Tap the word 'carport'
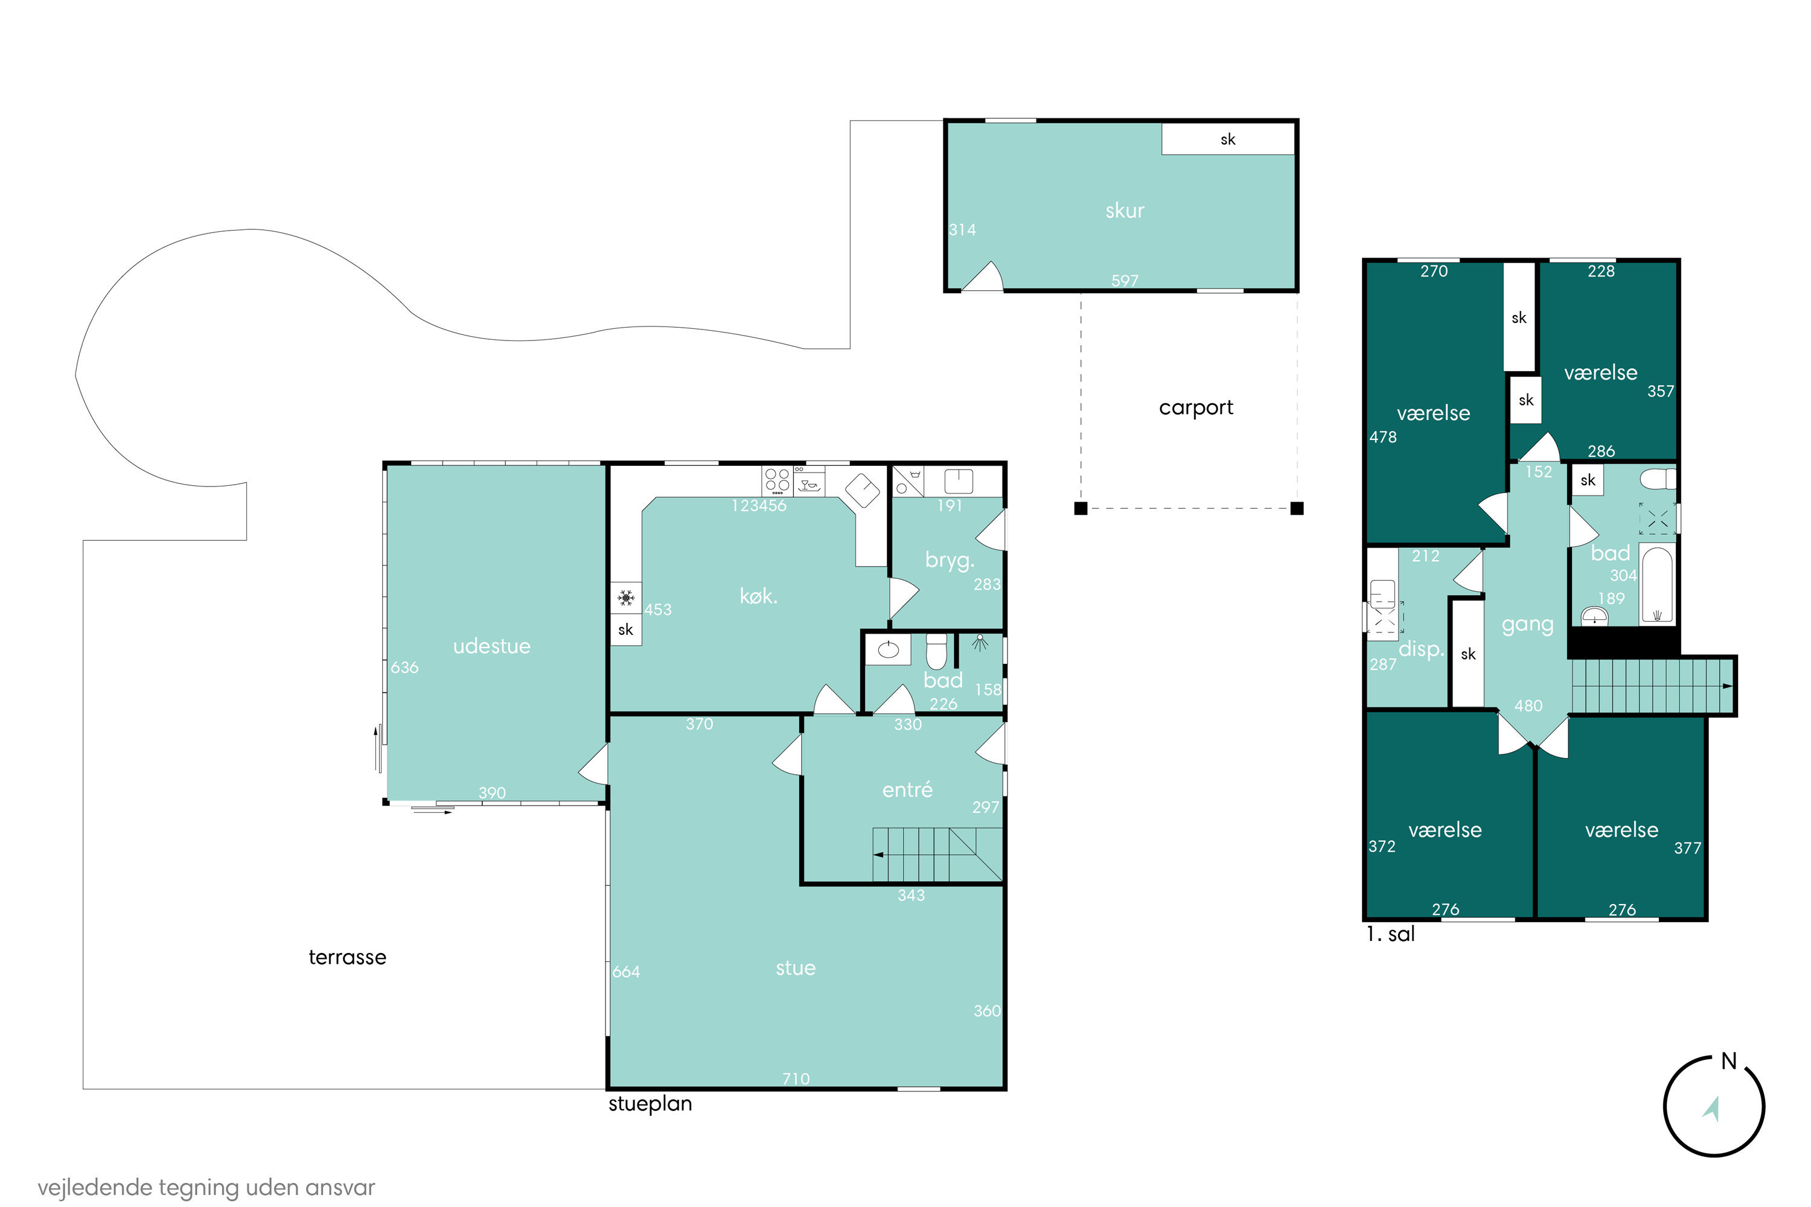[1196, 407]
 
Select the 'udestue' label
[492, 646]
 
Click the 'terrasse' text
[347, 957]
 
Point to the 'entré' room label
[907, 789]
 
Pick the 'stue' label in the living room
[796, 967]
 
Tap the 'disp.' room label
[1420, 649]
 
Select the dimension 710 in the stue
[796, 1078]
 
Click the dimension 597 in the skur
[1124, 280]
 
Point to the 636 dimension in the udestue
[404, 667]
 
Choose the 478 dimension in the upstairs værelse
[1383, 437]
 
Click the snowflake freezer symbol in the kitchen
[626, 597]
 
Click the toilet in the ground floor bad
[936, 651]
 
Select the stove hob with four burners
[777, 480]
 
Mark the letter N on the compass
[1730, 1061]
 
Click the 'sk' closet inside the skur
[1227, 139]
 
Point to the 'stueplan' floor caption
[650, 1104]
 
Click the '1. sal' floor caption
[1391, 934]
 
